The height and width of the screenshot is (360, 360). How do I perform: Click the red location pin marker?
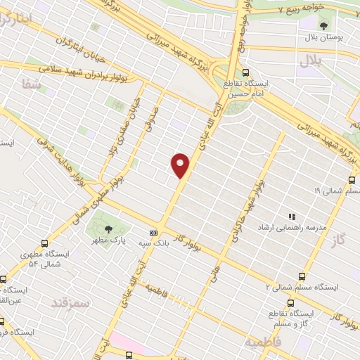click(x=181, y=165)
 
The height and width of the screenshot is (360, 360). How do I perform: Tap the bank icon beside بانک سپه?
click(x=153, y=233)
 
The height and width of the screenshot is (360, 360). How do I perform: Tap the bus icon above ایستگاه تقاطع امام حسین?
click(x=245, y=72)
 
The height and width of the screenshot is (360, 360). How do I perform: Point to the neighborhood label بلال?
click(x=309, y=61)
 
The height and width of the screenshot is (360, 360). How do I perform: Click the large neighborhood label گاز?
click(x=339, y=240)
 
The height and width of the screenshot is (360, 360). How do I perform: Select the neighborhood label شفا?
click(x=32, y=84)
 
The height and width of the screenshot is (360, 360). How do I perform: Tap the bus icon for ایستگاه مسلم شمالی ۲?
click(x=302, y=276)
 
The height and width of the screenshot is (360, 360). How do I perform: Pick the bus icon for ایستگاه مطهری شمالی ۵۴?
click(x=46, y=243)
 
